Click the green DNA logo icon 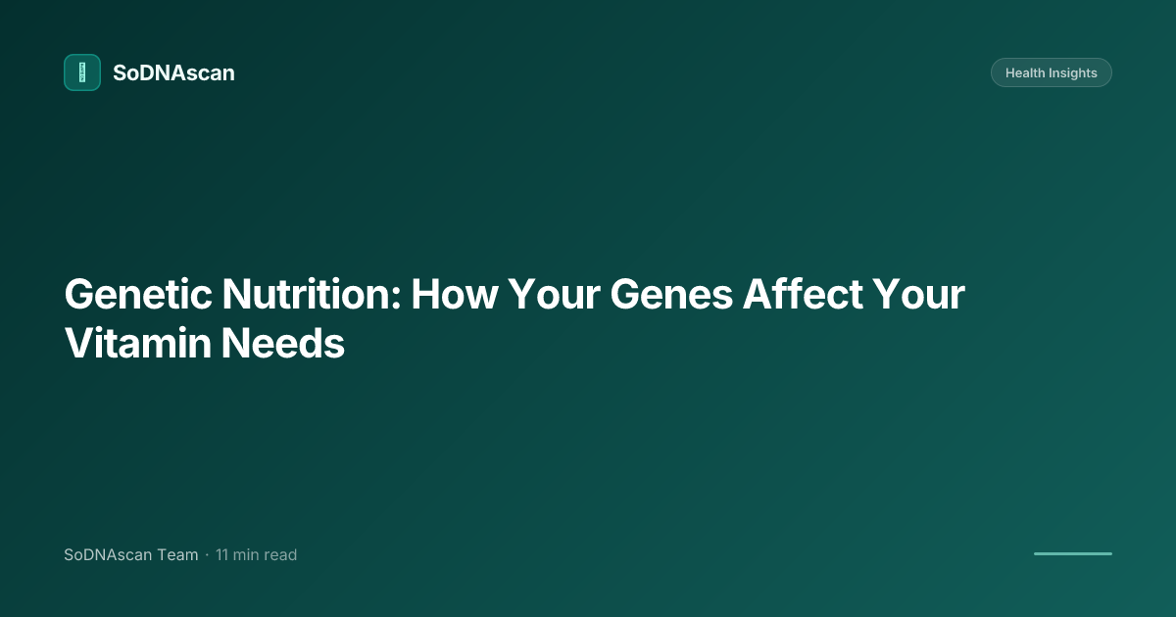click(x=82, y=72)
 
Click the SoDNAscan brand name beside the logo click(x=173, y=72)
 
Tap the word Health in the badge click(x=1026, y=73)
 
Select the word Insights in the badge click(x=1074, y=73)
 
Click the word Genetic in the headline click(x=137, y=295)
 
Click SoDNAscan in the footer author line click(x=108, y=555)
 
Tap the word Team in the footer click(x=177, y=555)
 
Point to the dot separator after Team click(x=207, y=555)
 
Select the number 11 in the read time click(x=222, y=555)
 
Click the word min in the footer click(x=246, y=555)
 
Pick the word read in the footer click(x=280, y=555)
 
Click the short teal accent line click(x=1072, y=553)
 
